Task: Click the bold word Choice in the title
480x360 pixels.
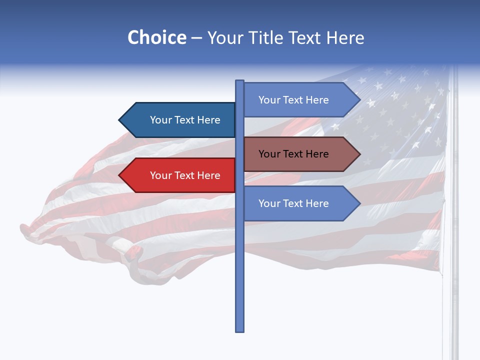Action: tap(156, 37)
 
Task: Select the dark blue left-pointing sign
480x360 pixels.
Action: tap(180, 120)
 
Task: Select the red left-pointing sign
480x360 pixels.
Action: tap(180, 175)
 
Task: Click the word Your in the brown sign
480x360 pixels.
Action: tap(268, 154)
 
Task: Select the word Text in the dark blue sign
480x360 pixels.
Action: tap(184, 120)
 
